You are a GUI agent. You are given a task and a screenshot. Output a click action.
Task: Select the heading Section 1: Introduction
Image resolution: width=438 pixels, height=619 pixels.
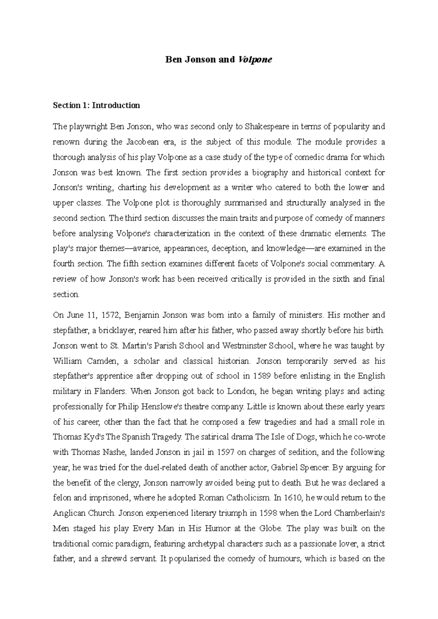(96, 105)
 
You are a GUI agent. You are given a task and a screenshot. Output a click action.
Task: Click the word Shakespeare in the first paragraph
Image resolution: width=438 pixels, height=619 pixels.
(265, 126)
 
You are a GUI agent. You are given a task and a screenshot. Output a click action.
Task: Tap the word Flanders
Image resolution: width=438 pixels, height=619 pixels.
(110, 391)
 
